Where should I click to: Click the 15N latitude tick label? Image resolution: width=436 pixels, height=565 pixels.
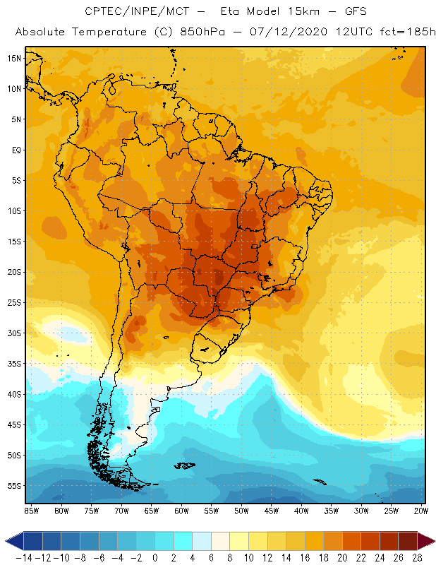14,58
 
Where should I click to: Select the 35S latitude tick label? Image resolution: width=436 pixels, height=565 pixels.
14,364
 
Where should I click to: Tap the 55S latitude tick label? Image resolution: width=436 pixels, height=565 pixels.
14,486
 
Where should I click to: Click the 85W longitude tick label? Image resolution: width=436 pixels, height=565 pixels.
31,511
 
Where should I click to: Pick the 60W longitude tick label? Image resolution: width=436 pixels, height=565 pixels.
181,511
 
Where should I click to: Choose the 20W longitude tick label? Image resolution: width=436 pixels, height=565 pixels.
421,511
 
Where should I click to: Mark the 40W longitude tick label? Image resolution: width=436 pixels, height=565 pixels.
301,511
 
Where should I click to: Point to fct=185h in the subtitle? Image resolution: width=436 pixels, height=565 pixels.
401,32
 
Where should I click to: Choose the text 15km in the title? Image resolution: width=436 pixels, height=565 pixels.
286,12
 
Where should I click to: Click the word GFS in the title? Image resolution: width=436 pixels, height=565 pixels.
346,12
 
